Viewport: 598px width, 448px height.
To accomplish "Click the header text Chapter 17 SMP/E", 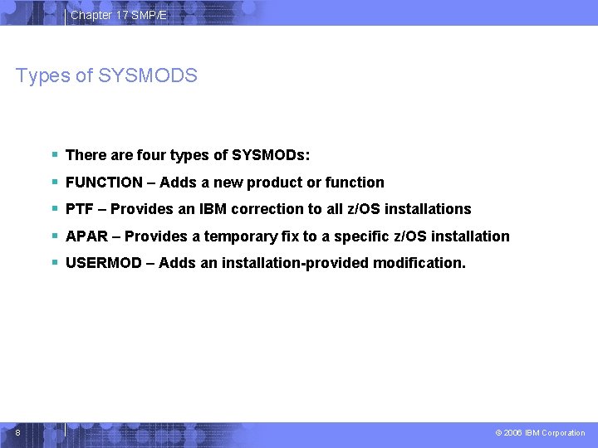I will point(119,15).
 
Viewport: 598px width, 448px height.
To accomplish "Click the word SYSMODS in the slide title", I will point(148,76).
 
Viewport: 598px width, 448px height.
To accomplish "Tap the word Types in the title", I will point(42,76).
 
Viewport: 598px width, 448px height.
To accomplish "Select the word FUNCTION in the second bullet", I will point(104,183).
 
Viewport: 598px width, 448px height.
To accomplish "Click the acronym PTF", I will point(79,209).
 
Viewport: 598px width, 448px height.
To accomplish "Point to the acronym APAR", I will point(86,236).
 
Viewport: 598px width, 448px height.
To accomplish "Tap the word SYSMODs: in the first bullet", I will point(271,155).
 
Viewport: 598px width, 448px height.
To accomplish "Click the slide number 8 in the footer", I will point(17,432).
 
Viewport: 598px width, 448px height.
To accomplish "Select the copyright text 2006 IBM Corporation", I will point(544,433).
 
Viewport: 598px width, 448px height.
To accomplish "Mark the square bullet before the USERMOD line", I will point(54,263).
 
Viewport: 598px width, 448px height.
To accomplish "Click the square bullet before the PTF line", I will point(54,209).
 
